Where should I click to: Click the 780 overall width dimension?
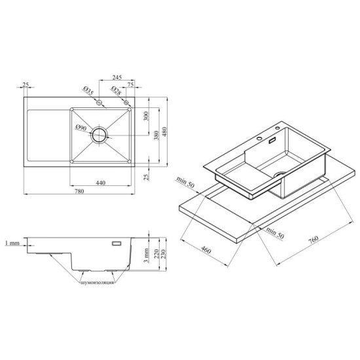[79, 191]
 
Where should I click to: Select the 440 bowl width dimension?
[101, 183]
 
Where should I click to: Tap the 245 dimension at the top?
[117, 77]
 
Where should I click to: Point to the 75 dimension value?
[130, 84]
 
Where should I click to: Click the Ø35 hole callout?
[88, 90]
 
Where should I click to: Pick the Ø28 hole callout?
[116, 91]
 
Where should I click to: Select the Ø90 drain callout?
[81, 128]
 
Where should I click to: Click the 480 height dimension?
[164, 132]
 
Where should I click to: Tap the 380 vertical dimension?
[156, 135]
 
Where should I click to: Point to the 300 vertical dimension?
[146, 116]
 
